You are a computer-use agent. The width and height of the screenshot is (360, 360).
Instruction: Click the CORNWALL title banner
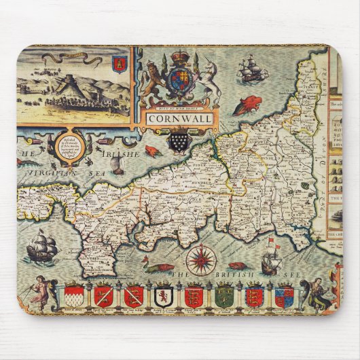click(179, 118)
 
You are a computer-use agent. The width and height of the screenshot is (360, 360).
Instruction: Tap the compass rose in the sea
click(201, 259)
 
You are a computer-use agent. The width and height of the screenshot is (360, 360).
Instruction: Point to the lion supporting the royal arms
click(154, 79)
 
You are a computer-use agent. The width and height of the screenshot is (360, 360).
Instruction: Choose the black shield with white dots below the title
click(179, 141)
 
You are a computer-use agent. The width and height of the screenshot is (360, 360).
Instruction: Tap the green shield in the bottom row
click(224, 296)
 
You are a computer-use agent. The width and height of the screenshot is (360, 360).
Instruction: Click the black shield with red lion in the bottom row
click(162, 297)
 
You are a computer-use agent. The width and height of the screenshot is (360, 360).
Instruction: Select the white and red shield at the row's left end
click(74, 296)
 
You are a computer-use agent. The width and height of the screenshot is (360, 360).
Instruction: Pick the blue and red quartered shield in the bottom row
click(284, 297)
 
